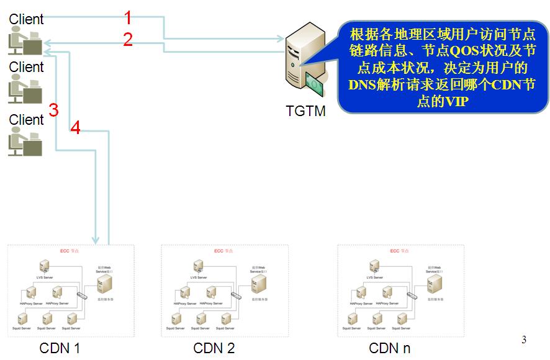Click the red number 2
tap(128, 40)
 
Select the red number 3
tap(53, 110)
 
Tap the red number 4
tap(76, 128)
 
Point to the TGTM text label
tap(305, 111)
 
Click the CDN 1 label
tap(60, 348)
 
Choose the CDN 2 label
tap(214, 348)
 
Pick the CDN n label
tap(389, 348)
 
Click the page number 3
tap(524, 340)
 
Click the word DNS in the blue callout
tap(363, 86)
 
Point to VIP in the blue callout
tap(457, 102)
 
